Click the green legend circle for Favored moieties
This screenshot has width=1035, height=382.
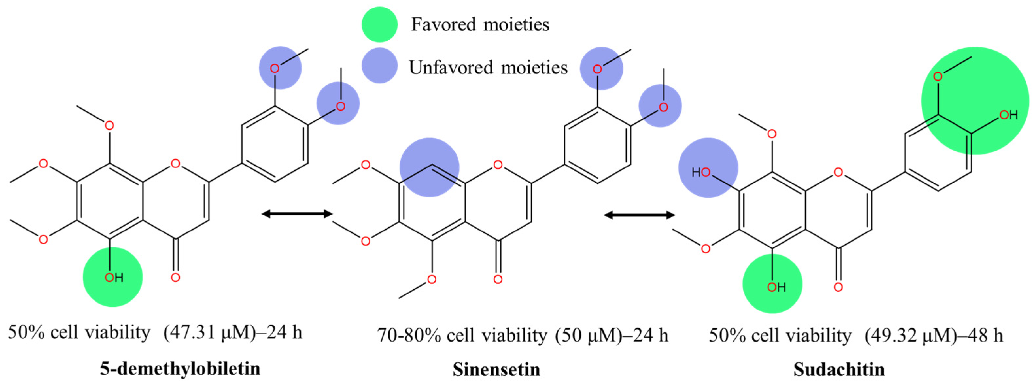tap(379, 24)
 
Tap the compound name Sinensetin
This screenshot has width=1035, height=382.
tap(497, 369)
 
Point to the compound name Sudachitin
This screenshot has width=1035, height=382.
tap(839, 369)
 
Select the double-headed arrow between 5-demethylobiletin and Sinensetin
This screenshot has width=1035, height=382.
tap(297, 214)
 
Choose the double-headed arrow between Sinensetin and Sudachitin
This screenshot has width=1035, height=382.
tap(639, 215)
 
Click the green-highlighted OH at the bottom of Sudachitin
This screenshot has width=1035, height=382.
tap(776, 287)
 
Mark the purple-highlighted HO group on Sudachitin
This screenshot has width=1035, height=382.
tap(701, 172)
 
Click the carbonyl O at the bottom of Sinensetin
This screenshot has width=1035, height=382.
tap(498, 279)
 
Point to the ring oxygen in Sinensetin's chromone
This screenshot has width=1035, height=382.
tap(498, 165)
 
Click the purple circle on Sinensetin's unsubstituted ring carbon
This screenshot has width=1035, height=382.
tap(429, 167)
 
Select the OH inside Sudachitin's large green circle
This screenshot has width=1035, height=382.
tap(1008, 115)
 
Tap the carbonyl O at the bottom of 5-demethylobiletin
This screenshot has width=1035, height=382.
tap(175, 277)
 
